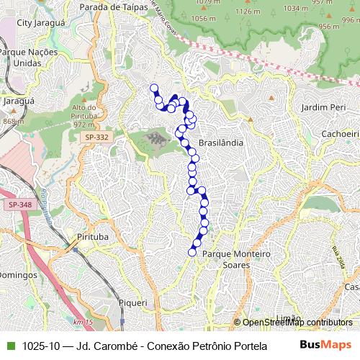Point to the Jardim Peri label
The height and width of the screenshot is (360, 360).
tap(323, 107)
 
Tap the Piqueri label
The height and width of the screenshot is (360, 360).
tap(132, 303)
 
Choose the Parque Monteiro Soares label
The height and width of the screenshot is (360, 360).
tap(235, 259)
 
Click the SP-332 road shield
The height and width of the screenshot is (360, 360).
tap(96, 137)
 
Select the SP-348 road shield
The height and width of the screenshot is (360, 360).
tap(20, 206)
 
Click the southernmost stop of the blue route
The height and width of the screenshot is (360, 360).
tap(192, 251)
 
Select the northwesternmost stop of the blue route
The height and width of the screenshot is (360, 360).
tap(153, 89)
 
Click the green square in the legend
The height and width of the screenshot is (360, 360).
tap(10, 345)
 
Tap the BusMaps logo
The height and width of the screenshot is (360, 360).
tap(325, 345)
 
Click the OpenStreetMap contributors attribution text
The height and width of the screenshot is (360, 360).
tap(297, 323)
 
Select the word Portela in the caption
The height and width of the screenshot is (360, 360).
tap(241, 345)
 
